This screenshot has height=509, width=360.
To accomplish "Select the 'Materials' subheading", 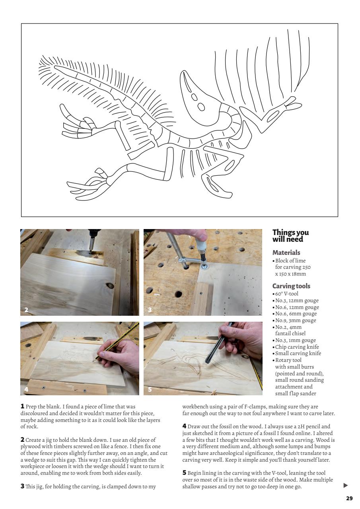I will point(286,253).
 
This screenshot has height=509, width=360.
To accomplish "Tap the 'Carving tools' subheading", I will point(291,286).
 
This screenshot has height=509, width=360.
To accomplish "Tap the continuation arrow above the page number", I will point(345,486).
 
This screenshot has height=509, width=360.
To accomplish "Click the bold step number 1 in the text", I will point(23,407).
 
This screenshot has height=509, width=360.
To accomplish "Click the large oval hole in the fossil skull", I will point(201,107).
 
